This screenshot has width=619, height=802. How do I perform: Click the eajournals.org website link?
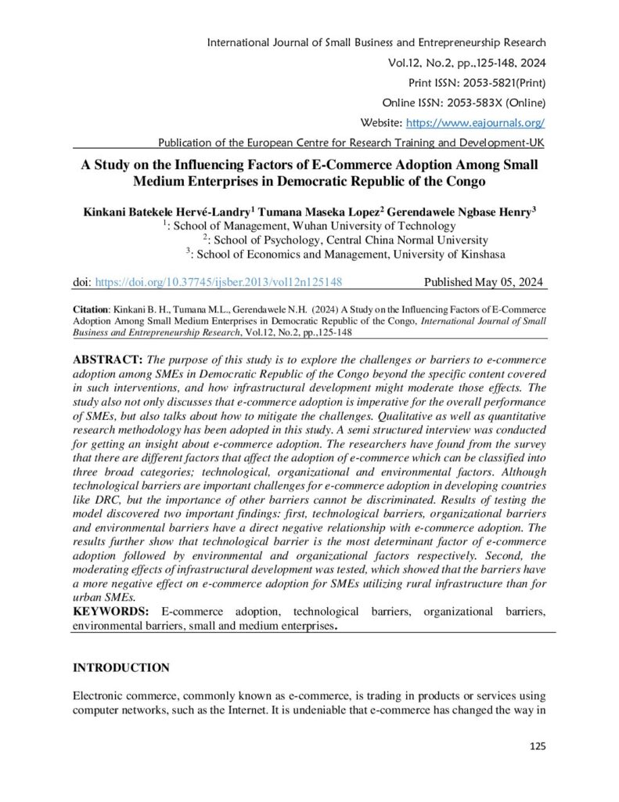click(474, 122)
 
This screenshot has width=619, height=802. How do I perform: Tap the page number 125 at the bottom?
click(537, 745)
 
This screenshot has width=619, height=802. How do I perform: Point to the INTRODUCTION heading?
click(121, 668)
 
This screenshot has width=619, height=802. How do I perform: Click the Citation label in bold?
click(91, 310)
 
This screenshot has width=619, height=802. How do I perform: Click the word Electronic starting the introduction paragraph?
click(99, 695)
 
